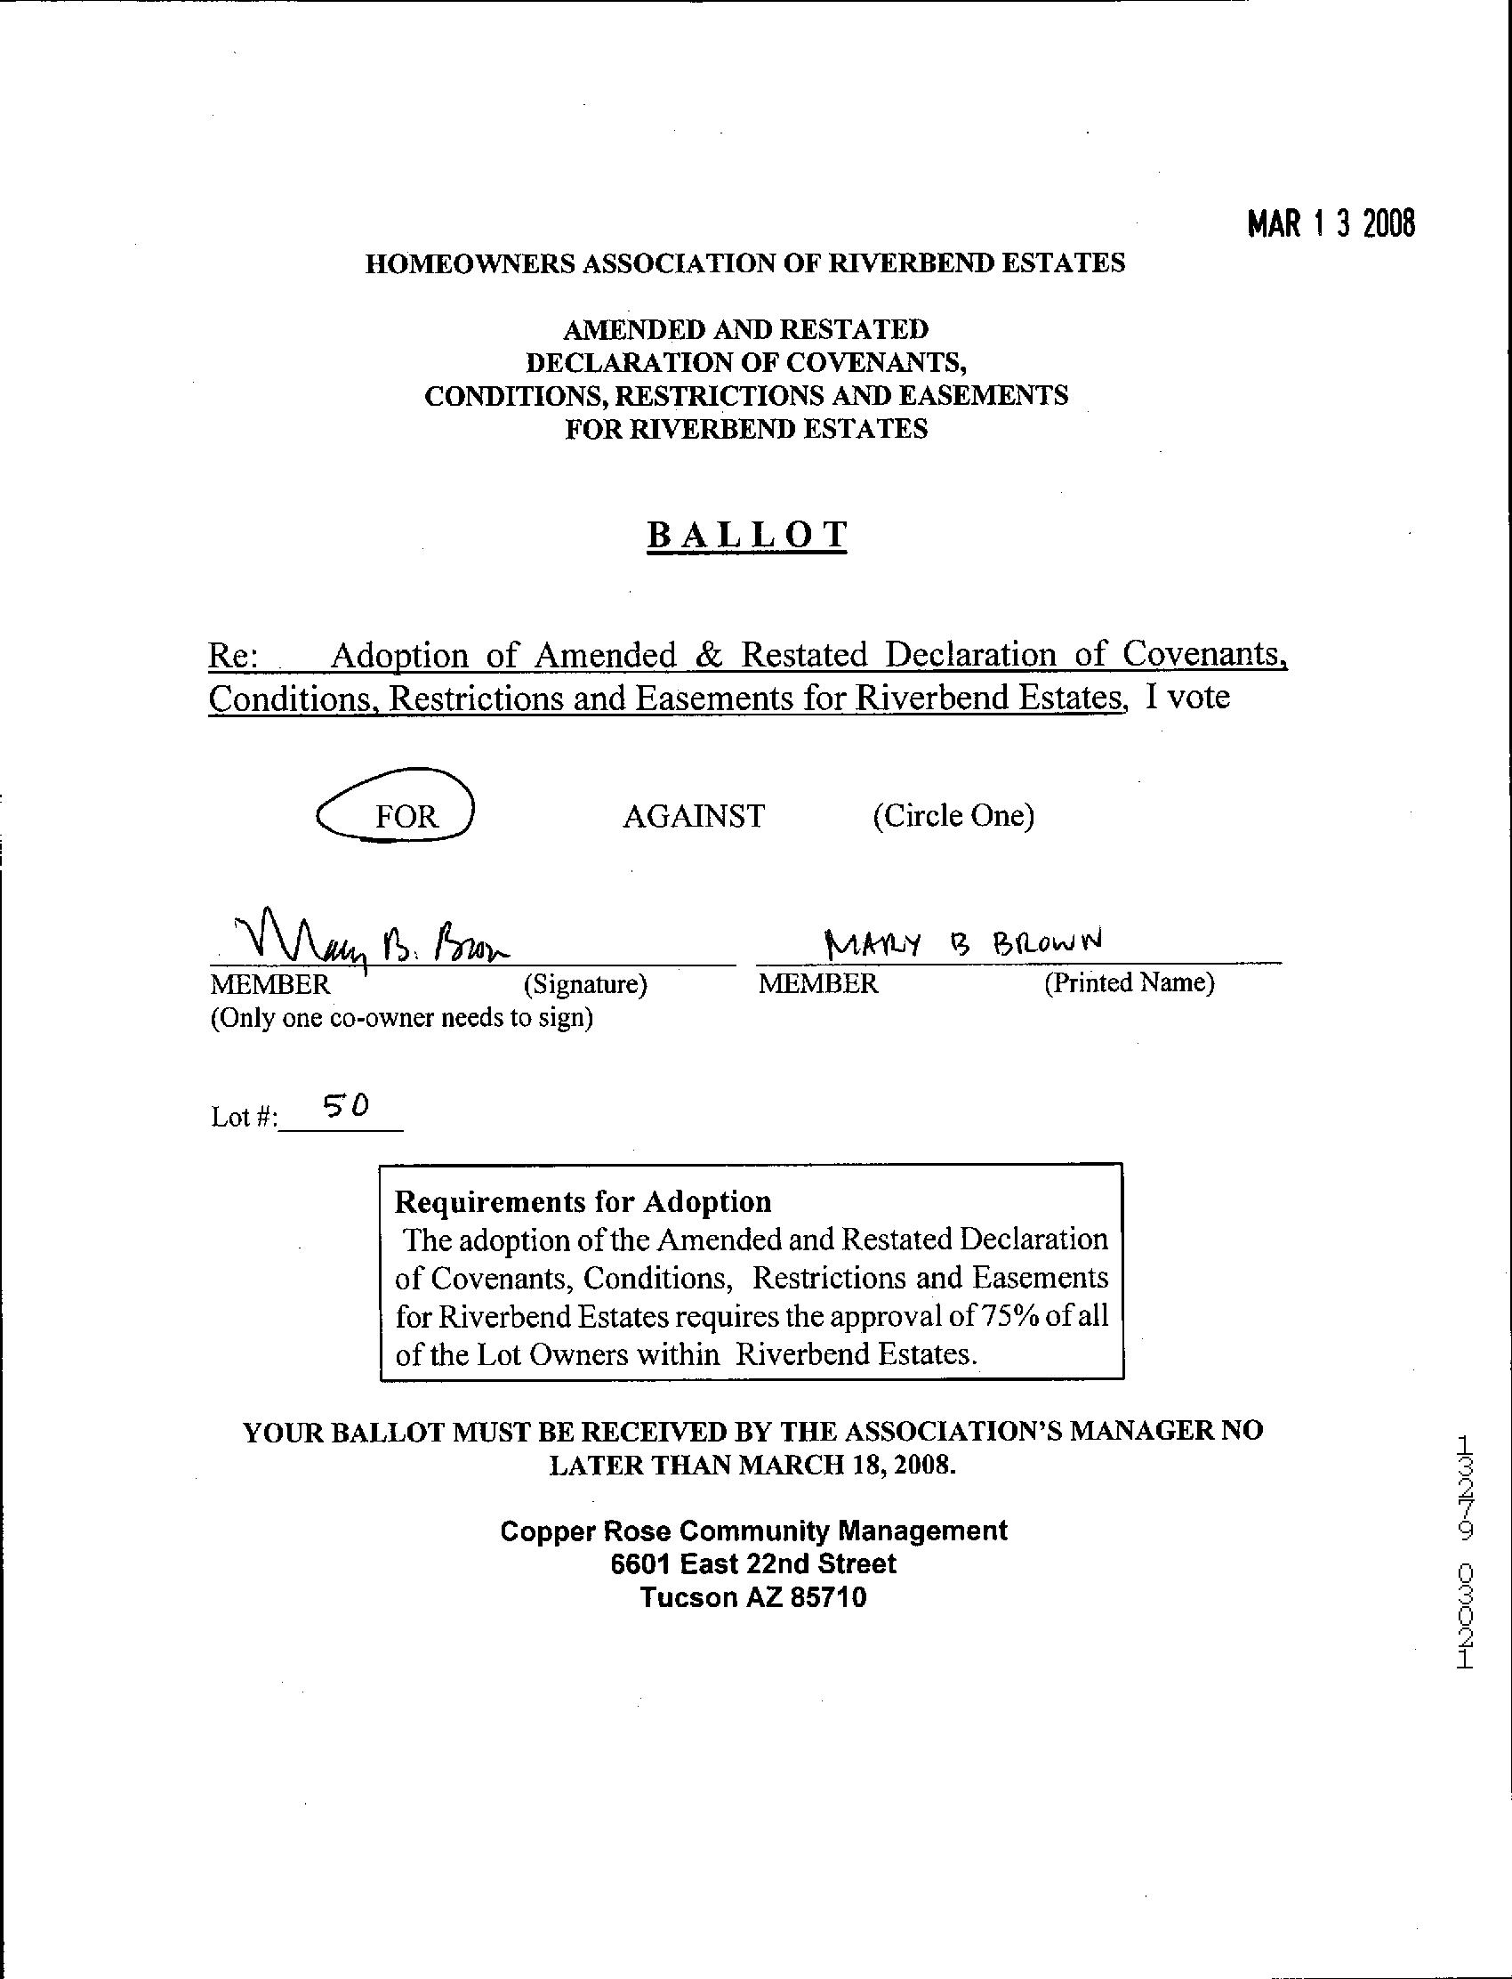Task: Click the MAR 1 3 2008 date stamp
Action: click(x=1331, y=223)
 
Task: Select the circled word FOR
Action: click(x=406, y=816)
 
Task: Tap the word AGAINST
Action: click(x=693, y=816)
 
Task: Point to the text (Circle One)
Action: click(x=953, y=815)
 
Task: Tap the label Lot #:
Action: click(x=244, y=1118)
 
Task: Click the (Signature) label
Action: click(x=585, y=984)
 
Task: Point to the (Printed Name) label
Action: click(x=1129, y=982)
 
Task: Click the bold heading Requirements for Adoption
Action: click(x=583, y=1201)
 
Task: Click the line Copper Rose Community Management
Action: click(x=753, y=1531)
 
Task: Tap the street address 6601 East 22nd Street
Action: click(x=753, y=1563)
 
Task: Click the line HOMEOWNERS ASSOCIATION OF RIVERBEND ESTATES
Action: click(x=744, y=263)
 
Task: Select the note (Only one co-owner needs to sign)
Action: click(x=401, y=1018)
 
